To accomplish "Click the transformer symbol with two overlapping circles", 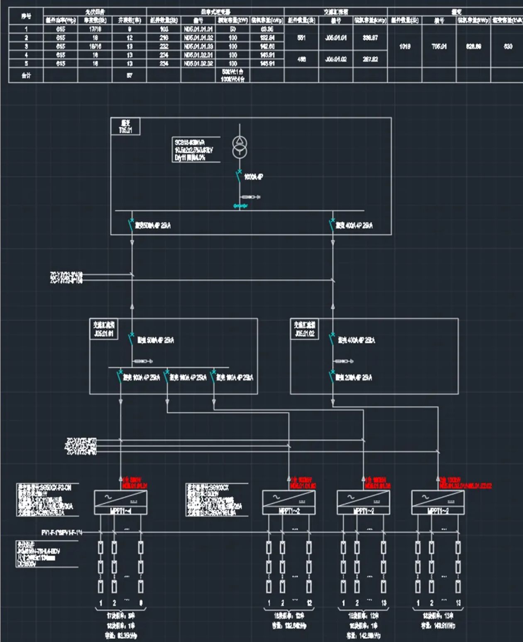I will click(x=240, y=148).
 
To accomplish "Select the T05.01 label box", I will click(x=125, y=127).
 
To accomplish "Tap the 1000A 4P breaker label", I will click(x=253, y=177).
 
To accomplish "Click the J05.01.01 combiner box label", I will click(x=104, y=329).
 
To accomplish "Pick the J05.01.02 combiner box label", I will click(x=305, y=329).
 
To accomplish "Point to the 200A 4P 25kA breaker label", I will click(x=354, y=378).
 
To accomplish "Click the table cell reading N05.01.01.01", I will click(x=198, y=29).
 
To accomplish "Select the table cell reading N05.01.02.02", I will click(x=198, y=64).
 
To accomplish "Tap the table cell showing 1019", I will click(x=405, y=47).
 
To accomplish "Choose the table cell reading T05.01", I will click(x=439, y=47).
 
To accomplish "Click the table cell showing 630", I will click(x=508, y=47).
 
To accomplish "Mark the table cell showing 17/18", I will click(x=95, y=29).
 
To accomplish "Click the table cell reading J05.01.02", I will click(x=336, y=59).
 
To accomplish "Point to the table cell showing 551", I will click(x=301, y=38).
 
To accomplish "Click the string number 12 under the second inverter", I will click(x=309, y=603).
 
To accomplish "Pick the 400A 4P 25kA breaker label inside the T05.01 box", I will click(x=354, y=226).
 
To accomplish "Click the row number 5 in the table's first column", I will click(x=26, y=64).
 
